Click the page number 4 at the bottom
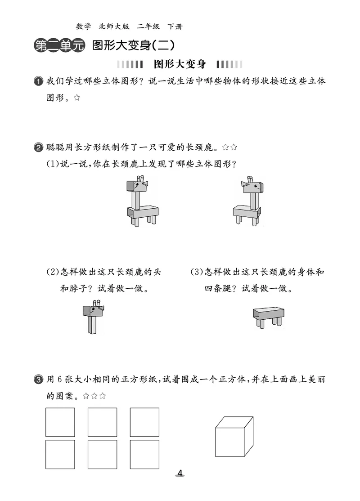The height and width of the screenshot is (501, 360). [180, 473]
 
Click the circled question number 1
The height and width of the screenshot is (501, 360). [38, 81]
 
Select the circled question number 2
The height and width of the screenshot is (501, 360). [38, 148]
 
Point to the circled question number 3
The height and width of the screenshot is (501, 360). [38, 380]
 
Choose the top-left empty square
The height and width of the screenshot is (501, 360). [60, 422]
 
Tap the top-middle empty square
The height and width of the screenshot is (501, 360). [102, 422]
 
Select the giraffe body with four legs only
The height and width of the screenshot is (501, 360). [269, 318]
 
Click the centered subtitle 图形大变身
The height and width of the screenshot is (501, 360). [180, 64]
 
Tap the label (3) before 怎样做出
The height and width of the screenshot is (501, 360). [197, 272]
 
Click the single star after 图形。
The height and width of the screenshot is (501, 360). [76, 98]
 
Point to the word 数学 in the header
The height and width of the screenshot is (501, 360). [84, 27]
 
